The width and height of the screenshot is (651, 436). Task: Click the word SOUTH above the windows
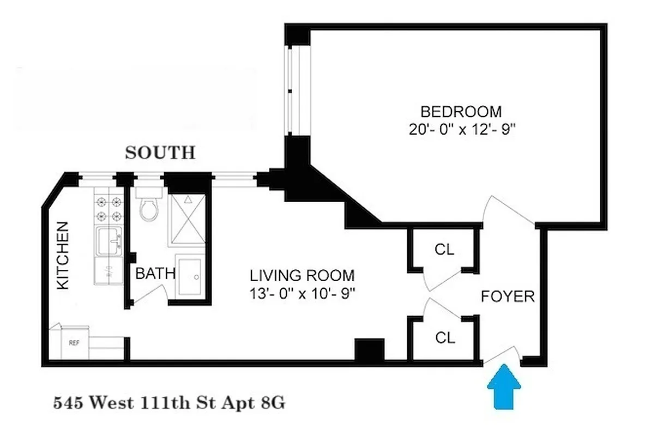[160, 153]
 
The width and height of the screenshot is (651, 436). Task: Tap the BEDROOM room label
[461, 112]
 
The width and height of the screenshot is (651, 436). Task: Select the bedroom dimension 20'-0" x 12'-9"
[461, 130]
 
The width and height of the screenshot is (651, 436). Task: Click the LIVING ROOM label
[302, 275]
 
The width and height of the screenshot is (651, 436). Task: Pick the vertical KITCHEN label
[64, 255]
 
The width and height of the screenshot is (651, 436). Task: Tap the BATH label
[155, 274]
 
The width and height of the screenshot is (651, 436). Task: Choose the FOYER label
[508, 297]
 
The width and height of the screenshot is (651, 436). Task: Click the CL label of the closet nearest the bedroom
[444, 250]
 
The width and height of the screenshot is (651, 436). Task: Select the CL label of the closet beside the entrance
[444, 338]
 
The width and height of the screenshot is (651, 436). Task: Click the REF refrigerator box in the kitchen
[74, 343]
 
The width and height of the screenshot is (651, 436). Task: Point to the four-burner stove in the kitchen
[108, 208]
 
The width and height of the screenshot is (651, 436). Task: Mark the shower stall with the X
[187, 220]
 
